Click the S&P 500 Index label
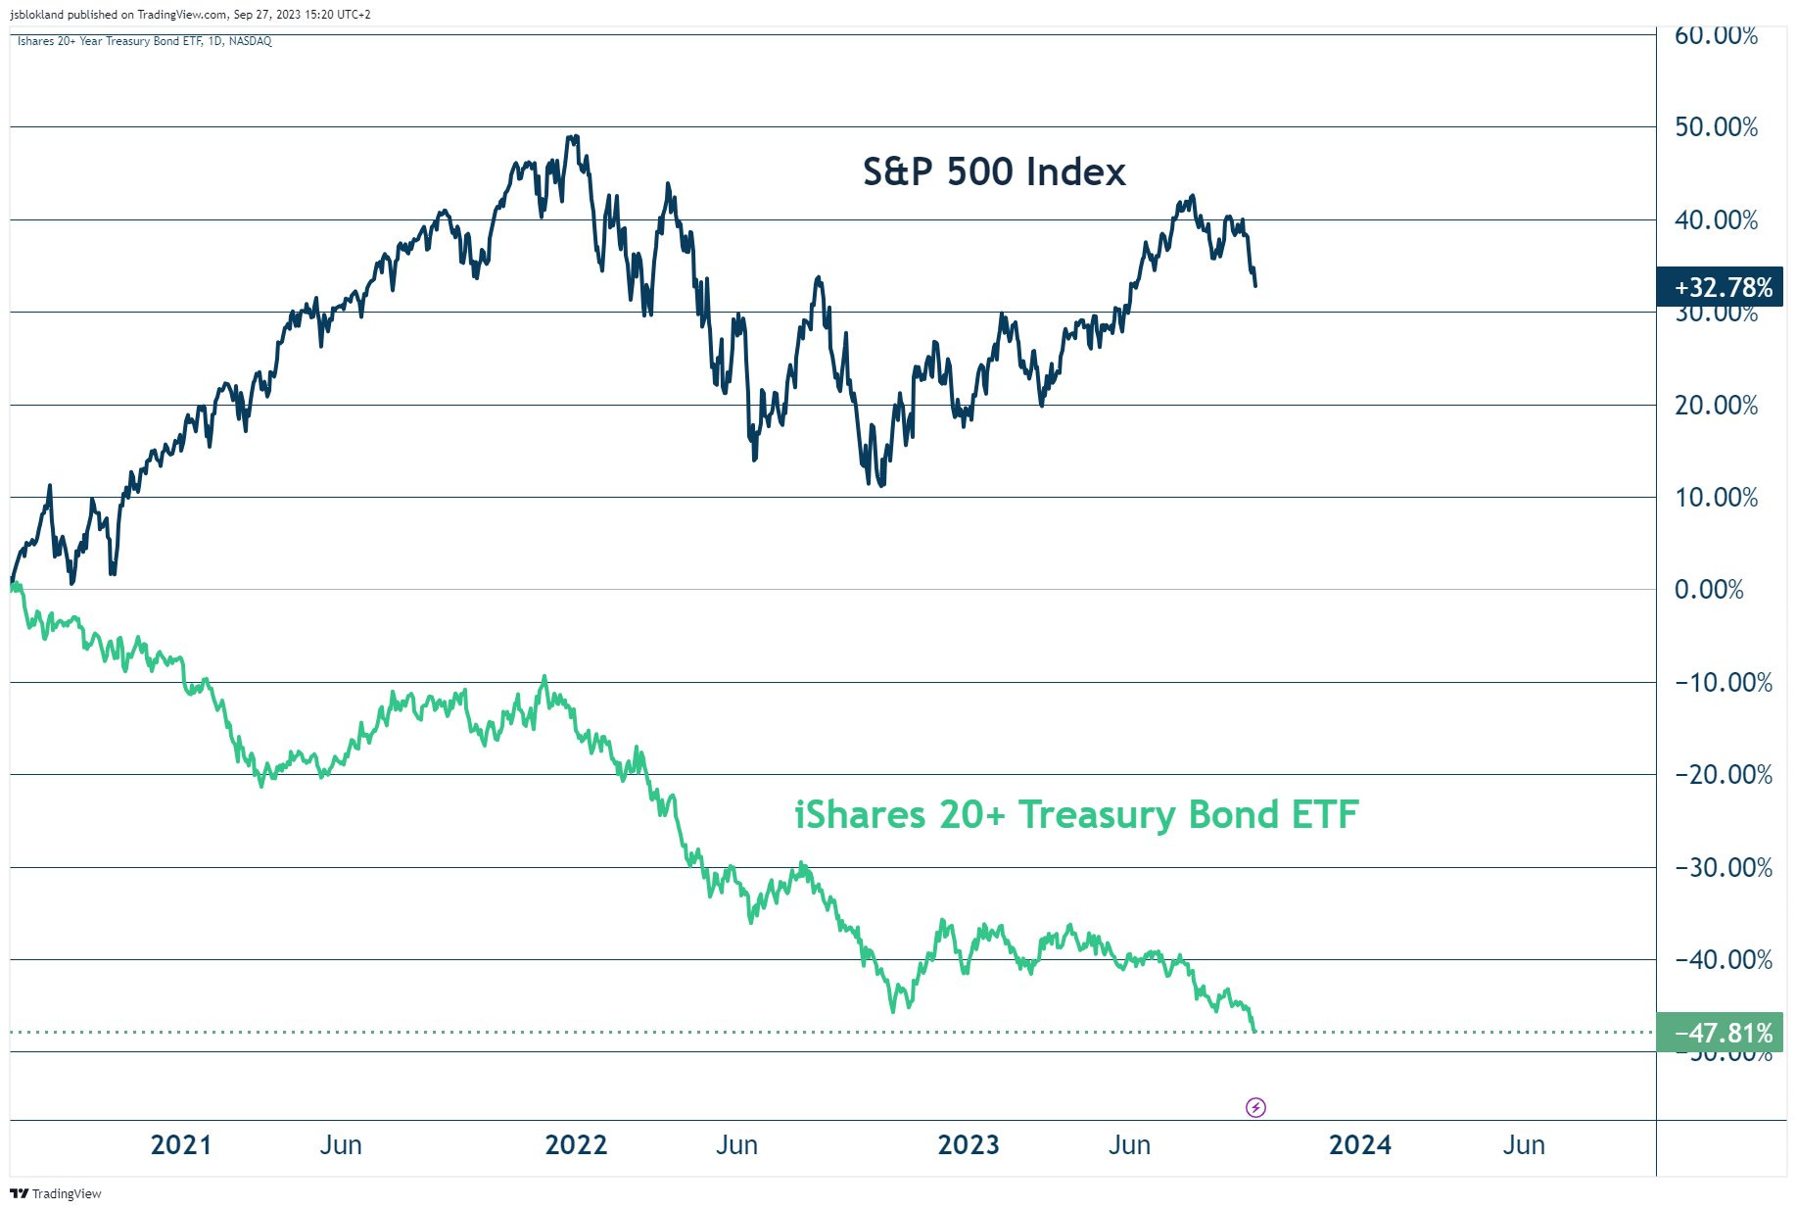(994, 171)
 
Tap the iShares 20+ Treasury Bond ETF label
(1076, 814)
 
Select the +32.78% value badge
(1719, 287)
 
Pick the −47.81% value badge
(1719, 1033)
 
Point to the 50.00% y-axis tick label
(1716, 127)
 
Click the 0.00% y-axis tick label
(1709, 590)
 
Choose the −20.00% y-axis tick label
(1723, 775)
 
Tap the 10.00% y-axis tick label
(1716, 498)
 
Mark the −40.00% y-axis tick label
(1723, 960)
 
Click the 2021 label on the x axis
(181, 1144)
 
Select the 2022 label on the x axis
(576, 1144)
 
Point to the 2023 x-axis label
(969, 1144)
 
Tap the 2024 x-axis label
(1360, 1144)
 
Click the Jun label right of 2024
(1524, 1144)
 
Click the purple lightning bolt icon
(1255, 1107)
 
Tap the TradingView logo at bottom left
(56, 1193)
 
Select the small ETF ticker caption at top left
(145, 41)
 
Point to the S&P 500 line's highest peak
(574, 137)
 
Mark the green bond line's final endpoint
(1254, 1030)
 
